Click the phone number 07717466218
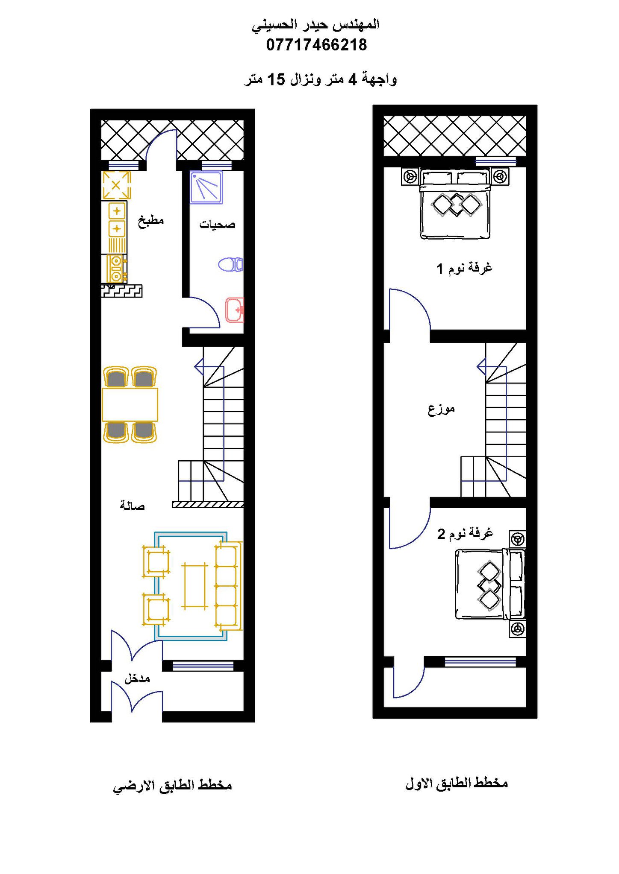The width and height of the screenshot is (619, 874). (316, 45)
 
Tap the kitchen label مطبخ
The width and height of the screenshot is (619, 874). (151, 221)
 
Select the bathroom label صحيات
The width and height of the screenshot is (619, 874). (217, 224)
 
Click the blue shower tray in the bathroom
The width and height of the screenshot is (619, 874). (206, 187)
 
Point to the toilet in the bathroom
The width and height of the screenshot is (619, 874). (230, 264)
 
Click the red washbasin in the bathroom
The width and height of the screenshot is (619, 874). (235, 310)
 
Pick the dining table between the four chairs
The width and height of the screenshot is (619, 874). (130, 404)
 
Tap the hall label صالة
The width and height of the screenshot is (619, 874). (132, 506)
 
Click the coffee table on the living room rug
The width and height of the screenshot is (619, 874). (195, 585)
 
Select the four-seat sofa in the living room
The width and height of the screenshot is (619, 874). (228, 585)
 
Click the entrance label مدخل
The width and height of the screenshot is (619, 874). (137, 678)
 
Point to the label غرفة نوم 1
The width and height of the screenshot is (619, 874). (464, 268)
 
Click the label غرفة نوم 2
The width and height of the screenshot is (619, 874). (465, 533)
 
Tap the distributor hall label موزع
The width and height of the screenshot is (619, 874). (441, 409)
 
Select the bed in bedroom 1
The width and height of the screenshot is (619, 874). (455, 204)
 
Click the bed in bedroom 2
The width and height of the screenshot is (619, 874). (490, 584)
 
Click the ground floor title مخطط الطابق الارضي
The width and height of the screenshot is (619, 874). (172, 786)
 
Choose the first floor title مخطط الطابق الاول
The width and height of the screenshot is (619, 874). (457, 783)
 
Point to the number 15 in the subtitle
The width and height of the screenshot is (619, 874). (276, 79)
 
